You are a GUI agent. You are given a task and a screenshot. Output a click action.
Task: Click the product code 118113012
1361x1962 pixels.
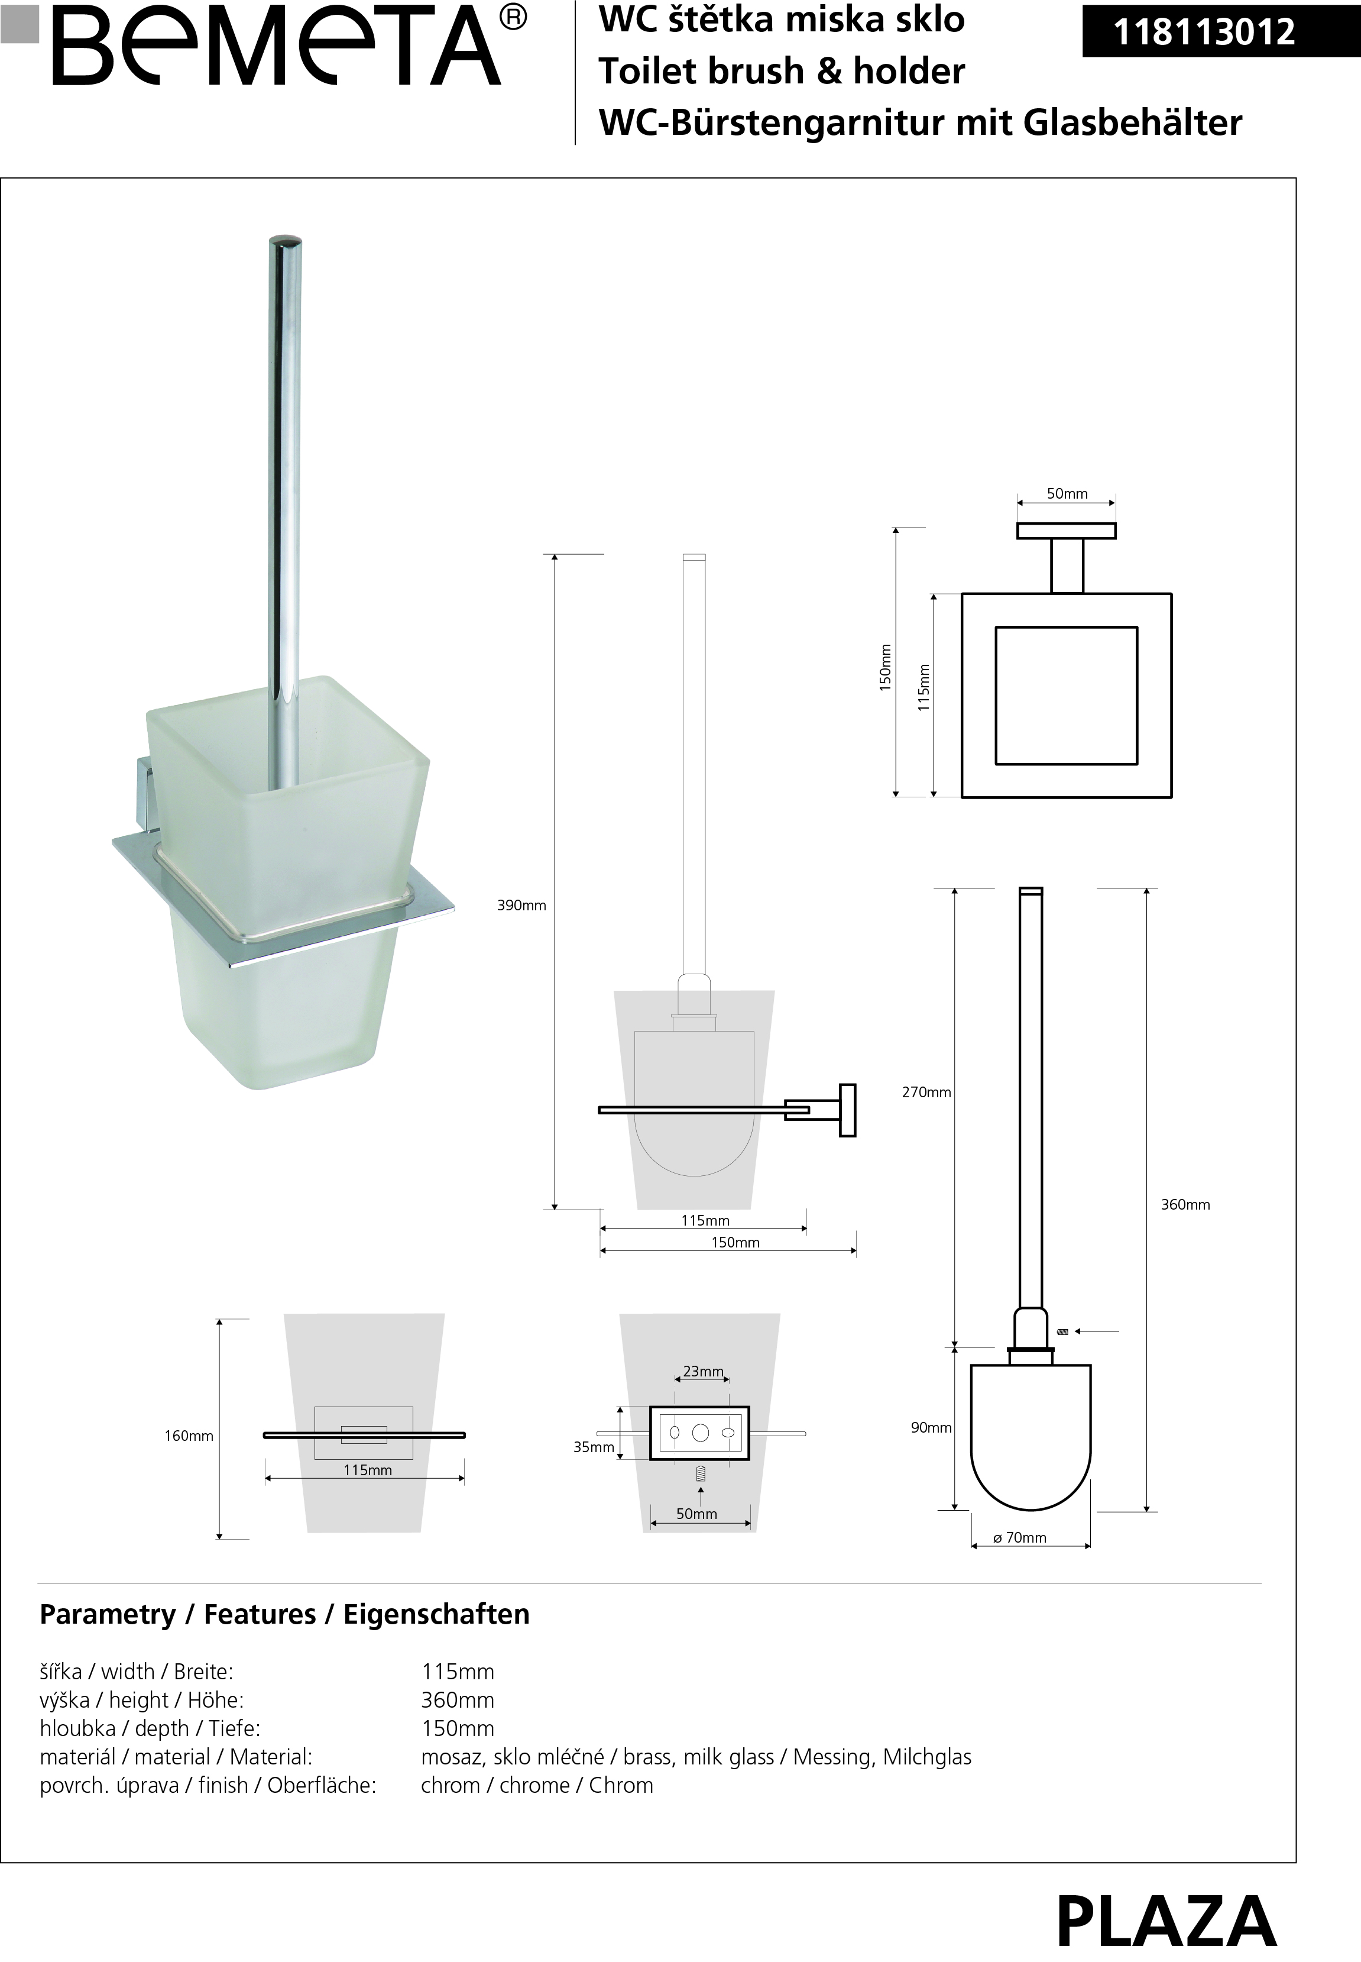pos(1204,33)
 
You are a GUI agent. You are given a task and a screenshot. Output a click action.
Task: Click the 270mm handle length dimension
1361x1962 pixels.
pos(926,1092)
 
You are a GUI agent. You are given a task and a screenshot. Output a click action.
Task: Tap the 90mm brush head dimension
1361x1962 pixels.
pos(931,1427)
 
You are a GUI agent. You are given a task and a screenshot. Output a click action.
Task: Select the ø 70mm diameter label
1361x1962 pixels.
pos(1020,1537)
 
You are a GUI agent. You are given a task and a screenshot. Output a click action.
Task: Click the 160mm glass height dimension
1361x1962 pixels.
pos(189,1436)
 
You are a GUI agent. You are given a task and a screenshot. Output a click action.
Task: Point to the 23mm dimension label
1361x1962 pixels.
pos(704,1371)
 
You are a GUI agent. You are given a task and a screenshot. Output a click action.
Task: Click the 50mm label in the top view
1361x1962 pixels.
pos(1067,494)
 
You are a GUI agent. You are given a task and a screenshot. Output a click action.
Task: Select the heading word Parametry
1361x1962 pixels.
pos(108,1614)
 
